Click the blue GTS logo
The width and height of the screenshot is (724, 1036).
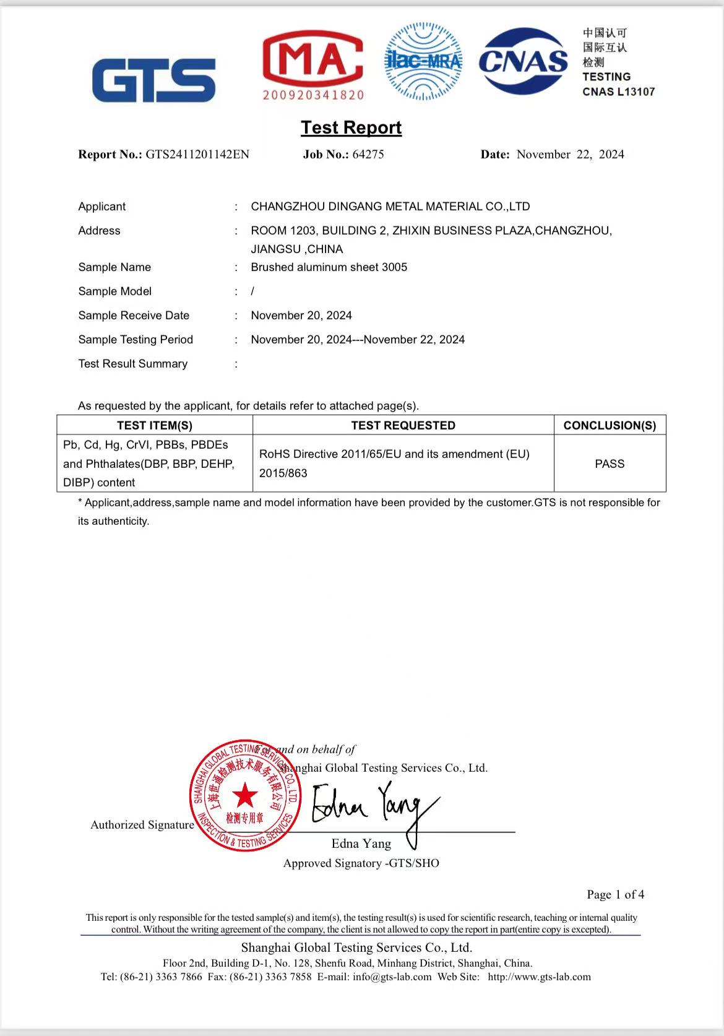pos(153,80)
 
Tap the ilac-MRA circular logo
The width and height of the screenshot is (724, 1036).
pos(423,61)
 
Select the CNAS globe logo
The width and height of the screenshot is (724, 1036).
pos(524,61)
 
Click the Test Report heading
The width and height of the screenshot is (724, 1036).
pos(351,127)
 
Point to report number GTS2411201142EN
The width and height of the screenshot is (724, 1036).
pos(197,155)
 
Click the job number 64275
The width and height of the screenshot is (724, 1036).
pos(368,155)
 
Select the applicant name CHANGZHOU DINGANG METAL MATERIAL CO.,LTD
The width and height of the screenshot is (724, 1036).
pos(390,207)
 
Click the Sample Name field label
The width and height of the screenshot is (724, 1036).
pos(114,267)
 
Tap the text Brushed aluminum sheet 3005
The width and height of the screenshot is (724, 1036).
pos(329,267)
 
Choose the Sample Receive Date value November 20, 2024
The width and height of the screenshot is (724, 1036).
pos(301,316)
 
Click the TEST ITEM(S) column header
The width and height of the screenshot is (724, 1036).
pos(155,426)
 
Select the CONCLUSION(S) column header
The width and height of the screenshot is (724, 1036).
pos(610,426)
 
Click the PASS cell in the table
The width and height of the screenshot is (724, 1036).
pos(610,464)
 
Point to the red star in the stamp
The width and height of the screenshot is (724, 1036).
pos(245,795)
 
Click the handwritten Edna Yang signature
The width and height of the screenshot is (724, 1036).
pos(371,808)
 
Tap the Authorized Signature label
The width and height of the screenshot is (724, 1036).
pos(142,825)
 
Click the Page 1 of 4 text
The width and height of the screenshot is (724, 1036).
pos(615,894)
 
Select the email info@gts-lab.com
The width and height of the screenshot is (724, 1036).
pos(392,977)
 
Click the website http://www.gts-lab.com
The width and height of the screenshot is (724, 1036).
pos(539,977)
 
